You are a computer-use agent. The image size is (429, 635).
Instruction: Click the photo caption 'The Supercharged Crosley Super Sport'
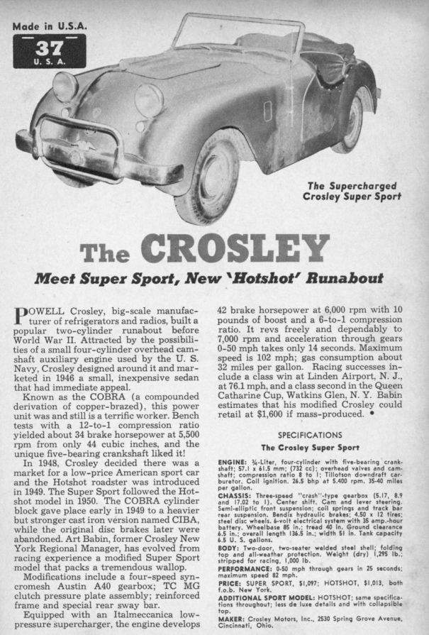pos(352,192)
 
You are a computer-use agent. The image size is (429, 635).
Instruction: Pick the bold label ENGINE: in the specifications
pos(235,463)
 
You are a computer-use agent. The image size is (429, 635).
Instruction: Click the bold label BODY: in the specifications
pos(230,546)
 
